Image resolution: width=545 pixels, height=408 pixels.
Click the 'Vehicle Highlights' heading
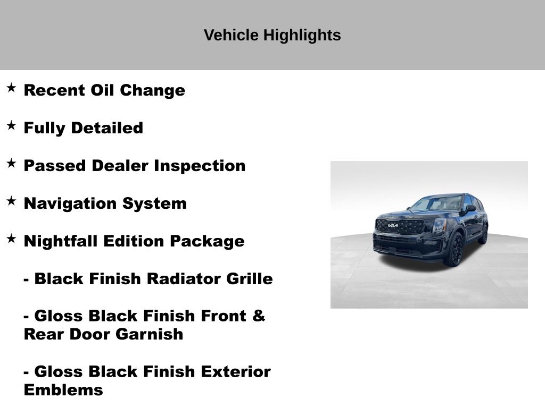pyautogui.click(x=272, y=35)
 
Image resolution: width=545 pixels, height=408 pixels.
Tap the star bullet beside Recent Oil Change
pyautogui.click(x=11, y=88)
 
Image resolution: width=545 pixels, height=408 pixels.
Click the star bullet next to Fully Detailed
pyautogui.click(x=11, y=125)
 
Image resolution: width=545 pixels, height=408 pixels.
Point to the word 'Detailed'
pyautogui.click(x=107, y=127)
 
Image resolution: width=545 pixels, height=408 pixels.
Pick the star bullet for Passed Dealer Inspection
pyautogui.click(x=11, y=164)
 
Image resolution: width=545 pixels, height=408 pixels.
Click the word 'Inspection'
pyautogui.click(x=200, y=166)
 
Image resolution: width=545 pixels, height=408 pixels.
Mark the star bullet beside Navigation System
pyautogui.click(x=11, y=201)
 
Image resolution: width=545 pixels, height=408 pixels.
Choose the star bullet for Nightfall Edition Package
pyautogui.click(x=11, y=239)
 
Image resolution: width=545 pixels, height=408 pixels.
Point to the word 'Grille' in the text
pyautogui.click(x=249, y=278)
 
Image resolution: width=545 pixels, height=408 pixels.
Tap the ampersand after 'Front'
pyautogui.click(x=259, y=316)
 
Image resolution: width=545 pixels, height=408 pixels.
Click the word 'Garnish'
pyautogui.click(x=149, y=334)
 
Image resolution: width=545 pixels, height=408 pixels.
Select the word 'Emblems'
pyautogui.click(x=63, y=390)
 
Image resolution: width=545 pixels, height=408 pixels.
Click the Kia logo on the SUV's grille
pyautogui.click(x=393, y=225)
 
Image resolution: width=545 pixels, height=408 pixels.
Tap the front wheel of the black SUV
pyautogui.click(x=456, y=249)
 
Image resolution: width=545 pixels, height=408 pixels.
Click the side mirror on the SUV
pyautogui.click(x=470, y=208)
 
